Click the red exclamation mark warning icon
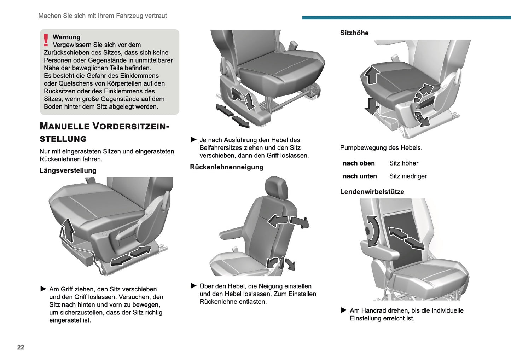46,40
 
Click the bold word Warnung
66,37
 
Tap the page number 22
21,347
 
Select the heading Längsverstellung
68,170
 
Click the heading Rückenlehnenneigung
227,167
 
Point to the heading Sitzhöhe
354,33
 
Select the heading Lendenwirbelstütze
372,192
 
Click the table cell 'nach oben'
359,163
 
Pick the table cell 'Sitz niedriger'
408,176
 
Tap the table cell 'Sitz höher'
404,163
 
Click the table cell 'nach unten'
360,176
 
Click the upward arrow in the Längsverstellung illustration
68,230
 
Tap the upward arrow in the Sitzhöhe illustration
372,75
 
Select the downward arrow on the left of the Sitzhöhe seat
372,106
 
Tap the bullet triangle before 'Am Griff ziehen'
43,289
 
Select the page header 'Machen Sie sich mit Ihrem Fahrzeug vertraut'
103,16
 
